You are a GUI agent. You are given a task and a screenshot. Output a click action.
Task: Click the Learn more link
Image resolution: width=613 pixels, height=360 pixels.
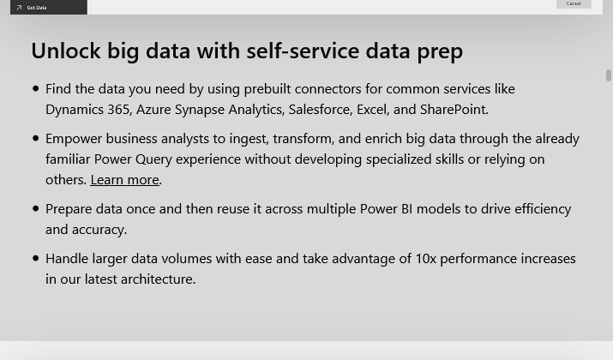[x=124, y=180]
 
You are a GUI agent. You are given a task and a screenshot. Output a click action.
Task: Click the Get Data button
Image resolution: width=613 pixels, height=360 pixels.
[x=49, y=7]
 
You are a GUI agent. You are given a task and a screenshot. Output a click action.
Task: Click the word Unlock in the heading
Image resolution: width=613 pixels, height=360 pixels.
[x=66, y=51]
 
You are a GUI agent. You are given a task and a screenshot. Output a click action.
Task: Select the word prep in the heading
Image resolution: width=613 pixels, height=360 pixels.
[x=440, y=52]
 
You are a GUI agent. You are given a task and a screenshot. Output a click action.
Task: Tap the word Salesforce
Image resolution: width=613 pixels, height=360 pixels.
[x=321, y=110]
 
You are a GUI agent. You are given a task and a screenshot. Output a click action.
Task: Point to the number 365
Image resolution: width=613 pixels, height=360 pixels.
[x=118, y=110]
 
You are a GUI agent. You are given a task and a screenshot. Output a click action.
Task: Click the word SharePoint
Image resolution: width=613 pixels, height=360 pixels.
[x=453, y=110]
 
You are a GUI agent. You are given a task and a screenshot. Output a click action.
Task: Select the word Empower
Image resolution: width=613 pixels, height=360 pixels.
[x=74, y=139]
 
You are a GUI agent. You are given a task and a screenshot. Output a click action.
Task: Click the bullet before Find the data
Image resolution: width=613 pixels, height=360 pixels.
[x=36, y=89]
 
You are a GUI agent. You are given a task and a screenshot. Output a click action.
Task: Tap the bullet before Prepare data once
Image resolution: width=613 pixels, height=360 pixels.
[x=36, y=209]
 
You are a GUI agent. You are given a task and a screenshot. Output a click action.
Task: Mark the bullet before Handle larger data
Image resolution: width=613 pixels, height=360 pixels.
[x=36, y=258]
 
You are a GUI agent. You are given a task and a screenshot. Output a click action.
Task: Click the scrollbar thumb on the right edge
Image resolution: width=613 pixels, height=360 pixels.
[x=609, y=75]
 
